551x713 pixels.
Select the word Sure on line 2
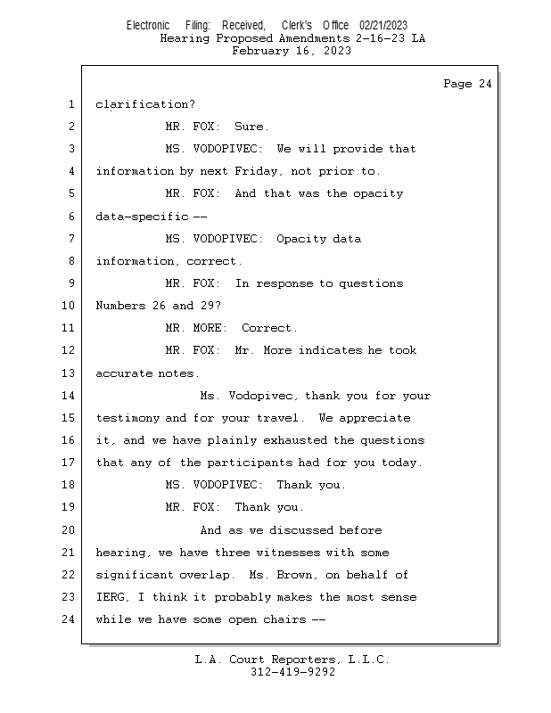pyautogui.click(x=251, y=127)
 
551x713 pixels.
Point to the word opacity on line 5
pyautogui.click(x=378, y=193)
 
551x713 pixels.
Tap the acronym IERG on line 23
pyautogui.click(x=111, y=597)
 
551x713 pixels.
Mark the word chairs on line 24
pyautogui.click(x=283, y=619)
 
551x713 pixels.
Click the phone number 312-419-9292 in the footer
pyautogui.click(x=292, y=672)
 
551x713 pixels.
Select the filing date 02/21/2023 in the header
pyautogui.click(x=383, y=26)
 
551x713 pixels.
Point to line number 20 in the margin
pyautogui.click(x=70, y=530)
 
